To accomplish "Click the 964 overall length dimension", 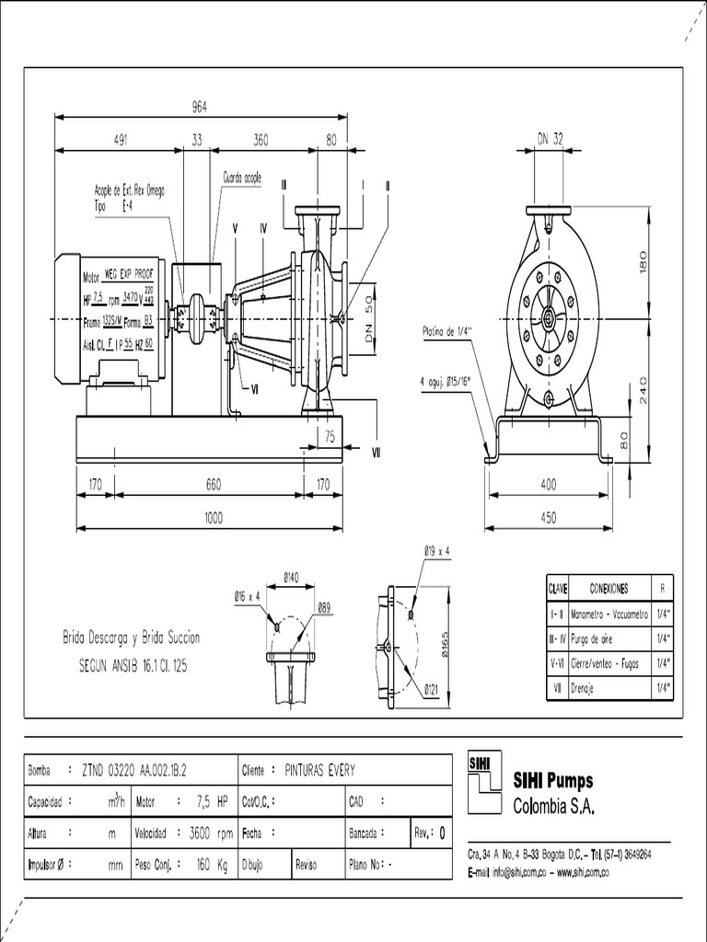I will click(x=199, y=107).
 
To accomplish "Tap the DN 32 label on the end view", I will click(x=550, y=139).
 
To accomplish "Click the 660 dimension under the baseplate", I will click(x=213, y=484).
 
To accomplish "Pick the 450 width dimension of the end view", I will click(x=549, y=518).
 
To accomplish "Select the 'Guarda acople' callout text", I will click(x=242, y=176).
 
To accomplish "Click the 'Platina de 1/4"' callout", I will click(x=447, y=330).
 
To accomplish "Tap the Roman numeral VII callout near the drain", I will click(x=377, y=452).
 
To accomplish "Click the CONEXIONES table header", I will click(x=608, y=588).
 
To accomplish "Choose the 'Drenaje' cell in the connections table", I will click(x=585, y=686).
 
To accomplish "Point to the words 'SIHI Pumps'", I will click(x=552, y=782).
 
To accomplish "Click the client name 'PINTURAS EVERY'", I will click(x=318, y=769).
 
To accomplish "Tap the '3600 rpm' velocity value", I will click(x=212, y=833).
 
